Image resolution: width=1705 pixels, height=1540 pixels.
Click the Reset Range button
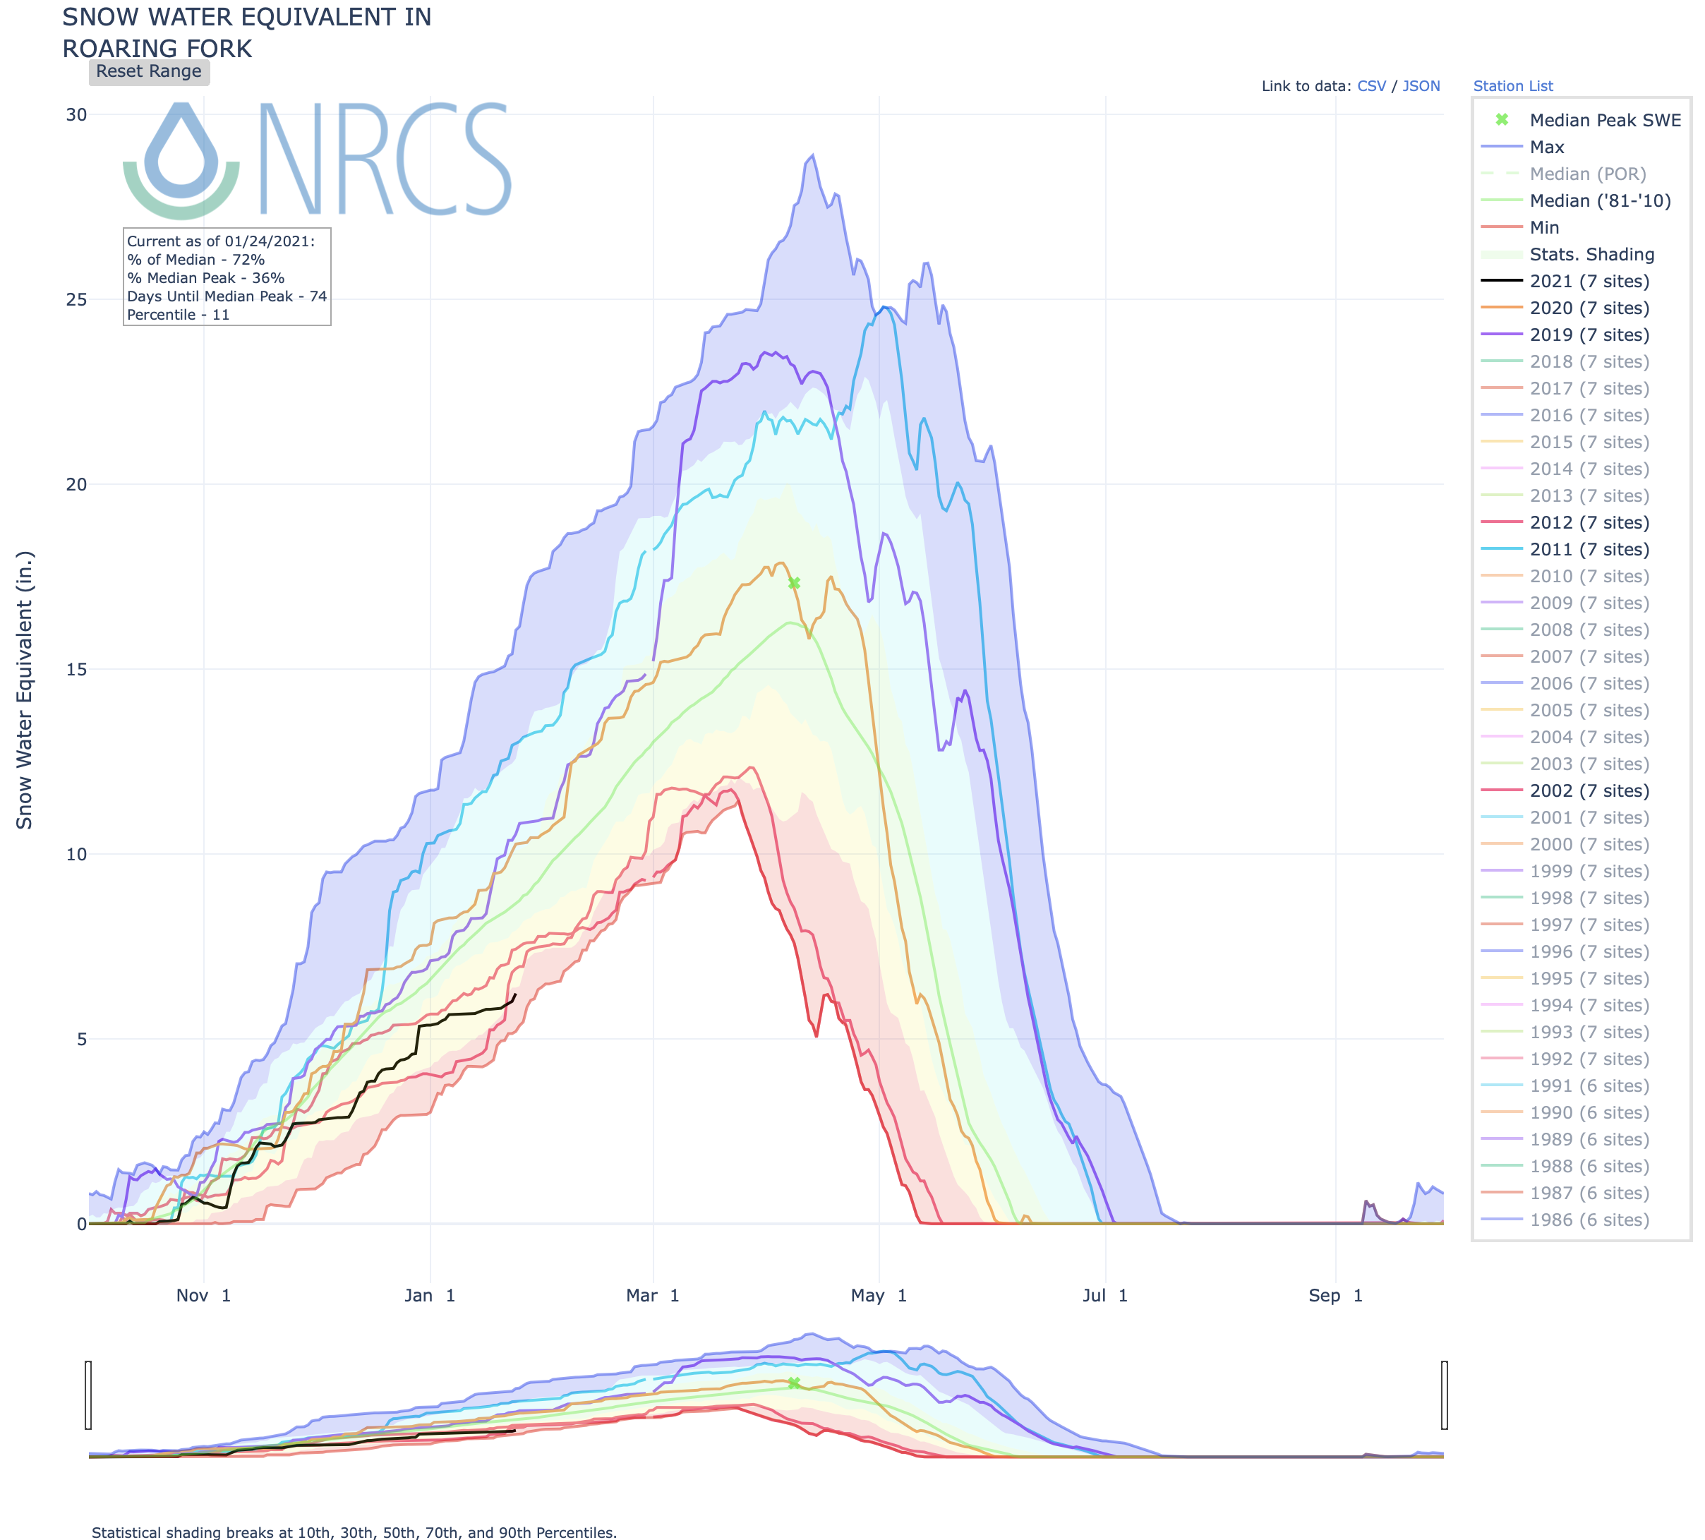pos(149,72)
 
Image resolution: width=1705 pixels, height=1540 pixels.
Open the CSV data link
pos(1371,86)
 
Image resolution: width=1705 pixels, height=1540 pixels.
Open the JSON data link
pos(1421,86)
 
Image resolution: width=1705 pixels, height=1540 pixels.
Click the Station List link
pos(1512,86)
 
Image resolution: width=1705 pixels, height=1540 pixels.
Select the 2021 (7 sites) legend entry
pos(1589,282)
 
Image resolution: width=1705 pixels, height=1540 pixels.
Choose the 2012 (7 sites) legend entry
pos(1589,523)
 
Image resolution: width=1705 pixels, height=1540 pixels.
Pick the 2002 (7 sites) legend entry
pos(1589,790)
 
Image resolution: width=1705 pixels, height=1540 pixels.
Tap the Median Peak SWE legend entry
pos(1604,120)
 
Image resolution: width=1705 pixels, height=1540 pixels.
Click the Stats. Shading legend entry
pos(1591,255)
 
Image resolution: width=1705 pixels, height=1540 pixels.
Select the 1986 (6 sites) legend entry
pos(1589,1220)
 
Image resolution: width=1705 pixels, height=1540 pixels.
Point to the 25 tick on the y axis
pos(76,299)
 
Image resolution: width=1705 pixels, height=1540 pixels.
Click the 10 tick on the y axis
pos(76,854)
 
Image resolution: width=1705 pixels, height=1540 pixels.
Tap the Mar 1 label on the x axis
pos(652,1296)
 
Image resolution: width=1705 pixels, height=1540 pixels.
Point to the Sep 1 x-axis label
pos(1335,1296)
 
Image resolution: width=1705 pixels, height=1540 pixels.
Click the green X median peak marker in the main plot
pos(794,584)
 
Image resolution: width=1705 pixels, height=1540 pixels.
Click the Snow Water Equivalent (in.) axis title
pos(25,690)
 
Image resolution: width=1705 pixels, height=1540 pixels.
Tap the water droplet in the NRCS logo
pos(181,152)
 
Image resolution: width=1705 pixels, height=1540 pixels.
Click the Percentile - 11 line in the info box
pos(178,315)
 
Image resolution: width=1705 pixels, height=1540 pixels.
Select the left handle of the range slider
pos(88,1395)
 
